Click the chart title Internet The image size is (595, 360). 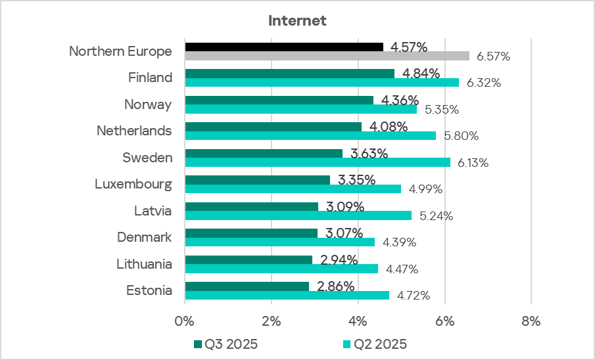click(297, 20)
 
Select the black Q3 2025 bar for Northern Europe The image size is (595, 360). click(283, 47)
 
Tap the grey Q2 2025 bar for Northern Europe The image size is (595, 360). click(327, 56)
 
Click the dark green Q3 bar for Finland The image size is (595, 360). click(289, 74)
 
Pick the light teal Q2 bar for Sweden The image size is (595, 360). click(318, 162)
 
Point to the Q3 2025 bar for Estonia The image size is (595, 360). click(247, 286)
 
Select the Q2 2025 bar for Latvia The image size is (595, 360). click(298, 215)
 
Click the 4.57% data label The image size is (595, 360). click(408, 47)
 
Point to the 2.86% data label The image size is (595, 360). click(335, 286)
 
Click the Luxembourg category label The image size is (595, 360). click(133, 184)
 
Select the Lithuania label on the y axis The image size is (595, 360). click(144, 264)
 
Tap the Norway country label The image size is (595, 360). click(148, 104)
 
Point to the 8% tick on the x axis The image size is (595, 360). click(531, 321)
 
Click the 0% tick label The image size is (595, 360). click(185, 321)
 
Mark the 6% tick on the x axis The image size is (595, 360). click(444, 321)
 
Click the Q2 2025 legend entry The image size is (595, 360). click(375, 344)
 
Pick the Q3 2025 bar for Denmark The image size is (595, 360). click(251, 233)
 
